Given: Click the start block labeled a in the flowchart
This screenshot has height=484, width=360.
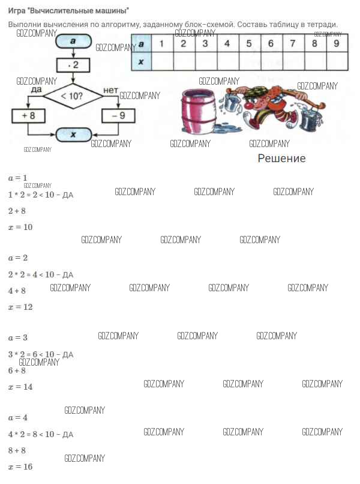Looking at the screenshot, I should pyautogui.click(x=73, y=42).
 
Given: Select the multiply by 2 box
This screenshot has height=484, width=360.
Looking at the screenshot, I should pyautogui.click(x=73, y=65).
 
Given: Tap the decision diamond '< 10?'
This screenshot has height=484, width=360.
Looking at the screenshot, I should pyautogui.click(x=73, y=95).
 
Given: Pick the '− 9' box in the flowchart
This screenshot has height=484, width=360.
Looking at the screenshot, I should pyautogui.click(x=118, y=115).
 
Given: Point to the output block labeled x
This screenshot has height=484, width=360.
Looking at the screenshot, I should pyautogui.click(x=73, y=135).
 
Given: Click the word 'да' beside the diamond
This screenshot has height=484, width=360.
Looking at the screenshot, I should pyautogui.click(x=35, y=89).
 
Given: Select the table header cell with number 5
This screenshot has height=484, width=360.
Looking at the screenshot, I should pyautogui.click(x=249, y=43).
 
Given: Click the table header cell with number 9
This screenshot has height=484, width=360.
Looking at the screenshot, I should pyautogui.click(x=336, y=43).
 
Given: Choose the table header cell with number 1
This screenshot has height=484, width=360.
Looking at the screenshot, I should pyautogui.click(x=161, y=43).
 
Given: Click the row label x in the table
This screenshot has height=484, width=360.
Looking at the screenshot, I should pyautogui.click(x=141, y=61).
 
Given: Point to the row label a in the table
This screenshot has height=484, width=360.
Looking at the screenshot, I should pyautogui.click(x=141, y=43).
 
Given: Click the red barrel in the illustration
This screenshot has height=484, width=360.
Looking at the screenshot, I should pyautogui.click(x=198, y=112).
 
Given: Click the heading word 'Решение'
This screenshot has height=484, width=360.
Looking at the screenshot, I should pyautogui.click(x=281, y=159).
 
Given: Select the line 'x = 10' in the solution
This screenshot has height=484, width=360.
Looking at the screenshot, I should pyautogui.click(x=20, y=227).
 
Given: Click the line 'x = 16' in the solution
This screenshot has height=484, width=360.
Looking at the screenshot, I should pyautogui.click(x=20, y=467).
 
